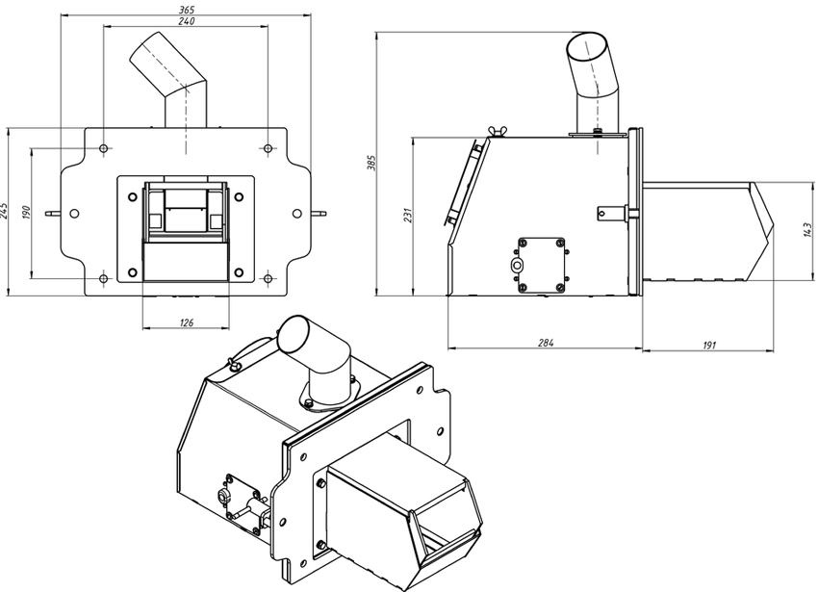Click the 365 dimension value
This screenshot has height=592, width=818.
pyautogui.click(x=187, y=10)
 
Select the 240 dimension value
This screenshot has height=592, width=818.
pyautogui.click(x=187, y=21)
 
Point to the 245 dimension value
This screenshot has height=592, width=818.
pyautogui.click(x=5, y=211)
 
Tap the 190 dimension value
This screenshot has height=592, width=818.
pyautogui.click(x=27, y=212)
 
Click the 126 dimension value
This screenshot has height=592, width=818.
pyautogui.click(x=187, y=322)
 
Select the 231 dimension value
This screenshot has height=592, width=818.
pyautogui.click(x=408, y=215)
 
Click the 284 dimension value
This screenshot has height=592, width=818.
pyautogui.click(x=545, y=343)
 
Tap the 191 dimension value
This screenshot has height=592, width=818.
pyautogui.click(x=709, y=345)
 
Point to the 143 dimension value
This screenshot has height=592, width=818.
pyautogui.click(x=808, y=230)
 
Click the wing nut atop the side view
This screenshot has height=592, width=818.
pyautogui.click(x=493, y=132)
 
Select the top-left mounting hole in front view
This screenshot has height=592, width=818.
pyautogui.click(x=104, y=149)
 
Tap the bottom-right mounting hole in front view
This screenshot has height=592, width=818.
pyautogui.click(x=268, y=279)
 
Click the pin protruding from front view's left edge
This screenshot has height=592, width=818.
pyautogui.click(x=53, y=213)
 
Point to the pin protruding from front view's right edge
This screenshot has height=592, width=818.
pyautogui.click(x=319, y=213)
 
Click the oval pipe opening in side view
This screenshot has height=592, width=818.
pyautogui.click(x=586, y=47)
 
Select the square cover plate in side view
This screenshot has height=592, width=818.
pyautogui.click(x=542, y=266)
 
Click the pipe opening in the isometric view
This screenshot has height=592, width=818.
pyautogui.click(x=294, y=334)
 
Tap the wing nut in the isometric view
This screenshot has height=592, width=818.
pyautogui.click(x=233, y=363)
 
